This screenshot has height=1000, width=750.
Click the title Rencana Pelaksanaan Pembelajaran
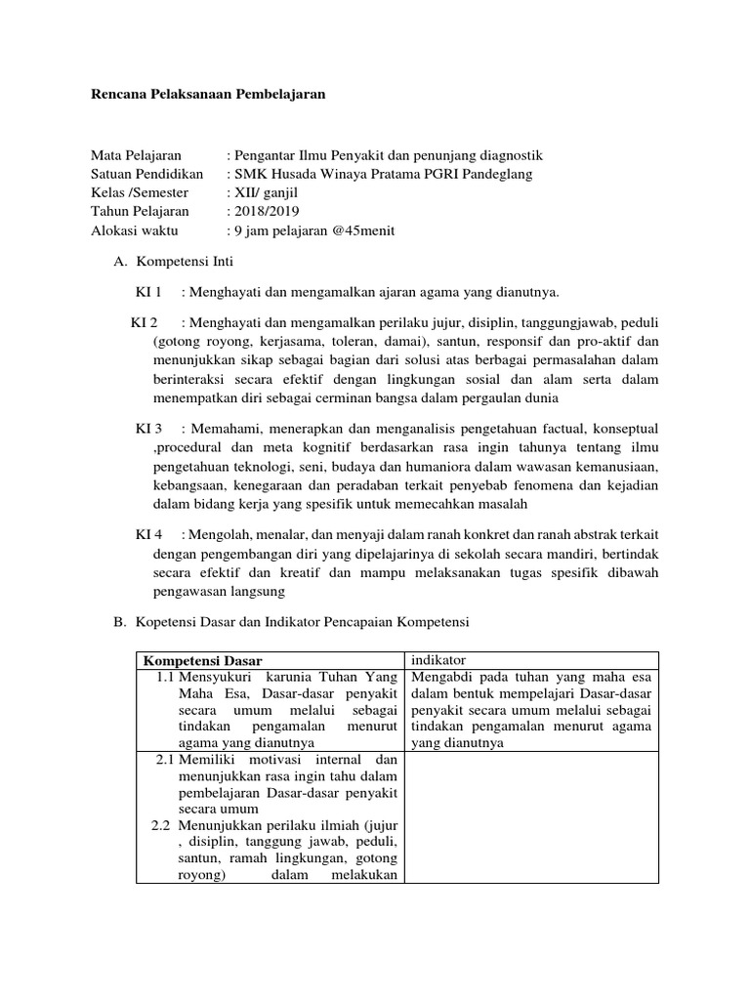[x=207, y=95]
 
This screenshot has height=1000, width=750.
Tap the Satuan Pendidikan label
[x=146, y=174]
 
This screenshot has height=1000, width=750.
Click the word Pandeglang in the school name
[x=497, y=174]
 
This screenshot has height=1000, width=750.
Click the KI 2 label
[x=145, y=322]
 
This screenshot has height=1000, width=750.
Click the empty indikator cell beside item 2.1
[x=531, y=816]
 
